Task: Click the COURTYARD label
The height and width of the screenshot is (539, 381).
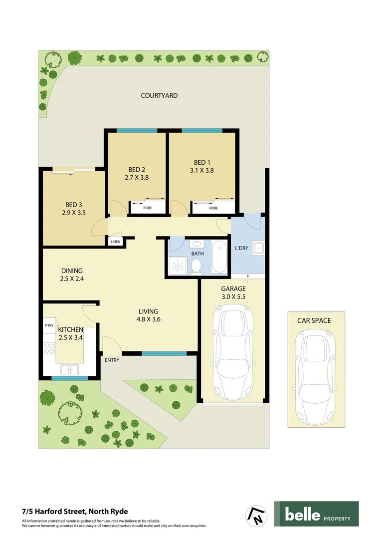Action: pyautogui.click(x=159, y=95)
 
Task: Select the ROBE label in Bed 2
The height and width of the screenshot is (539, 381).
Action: pyautogui.click(x=148, y=208)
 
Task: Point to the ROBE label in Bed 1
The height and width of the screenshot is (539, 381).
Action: pyautogui.click(x=213, y=208)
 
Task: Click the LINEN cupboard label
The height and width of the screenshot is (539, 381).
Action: pyautogui.click(x=116, y=242)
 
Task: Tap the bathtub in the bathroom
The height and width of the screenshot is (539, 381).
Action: pyautogui.click(x=219, y=257)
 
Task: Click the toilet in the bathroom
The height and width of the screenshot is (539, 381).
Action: pyautogui.click(x=197, y=266)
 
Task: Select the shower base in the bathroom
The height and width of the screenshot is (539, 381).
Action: pyautogui.click(x=177, y=267)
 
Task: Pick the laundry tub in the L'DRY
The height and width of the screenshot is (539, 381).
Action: pyautogui.click(x=258, y=248)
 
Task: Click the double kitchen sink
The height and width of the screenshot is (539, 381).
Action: pyautogui.click(x=69, y=369)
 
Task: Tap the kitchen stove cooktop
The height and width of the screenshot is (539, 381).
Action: pyautogui.click(x=49, y=347)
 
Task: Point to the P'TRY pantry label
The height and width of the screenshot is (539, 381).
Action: pyautogui.click(x=49, y=326)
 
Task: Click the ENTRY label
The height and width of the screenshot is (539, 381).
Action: pyautogui.click(x=112, y=360)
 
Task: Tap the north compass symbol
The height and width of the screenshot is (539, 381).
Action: pyautogui.click(x=257, y=515)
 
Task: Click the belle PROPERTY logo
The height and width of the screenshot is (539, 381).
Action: pyautogui.click(x=316, y=514)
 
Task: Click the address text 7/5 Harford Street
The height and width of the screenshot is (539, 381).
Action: pyautogui.click(x=75, y=511)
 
